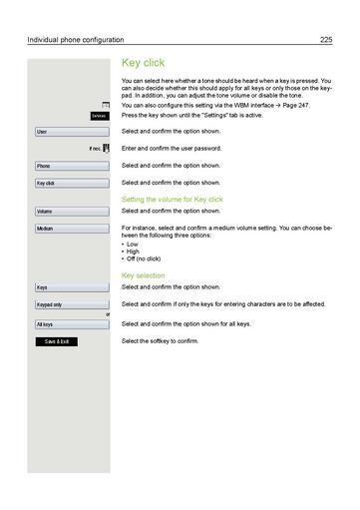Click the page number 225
(x=325, y=39)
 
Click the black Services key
(x=98, y=116)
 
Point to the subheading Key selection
(x=143, y=275)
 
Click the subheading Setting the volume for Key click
(x=172, y=201)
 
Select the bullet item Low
(x=133, y=245)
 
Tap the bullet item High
(x=134, y=252)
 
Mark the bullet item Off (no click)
(x=142, y=259)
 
